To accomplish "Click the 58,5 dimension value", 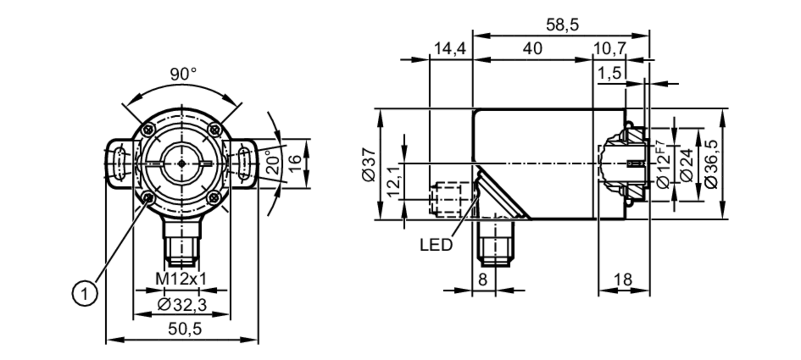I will click(x=562, y=25).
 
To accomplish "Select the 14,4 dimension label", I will click(x=450, y=49).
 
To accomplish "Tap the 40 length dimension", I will click(x=532, y=49).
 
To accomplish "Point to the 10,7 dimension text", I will click(x=609, y=49).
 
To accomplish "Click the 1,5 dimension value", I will click(x=609, y=74).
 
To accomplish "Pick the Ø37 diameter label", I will click(x=369, y=164).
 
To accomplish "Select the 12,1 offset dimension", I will click(x=394, y=182).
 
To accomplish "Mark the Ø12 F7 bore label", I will click(x=663, y=164).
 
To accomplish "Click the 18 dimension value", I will click(x=623, y=279).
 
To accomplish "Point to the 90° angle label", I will click(x=183, y=74).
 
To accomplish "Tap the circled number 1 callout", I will click(x=85, y=294).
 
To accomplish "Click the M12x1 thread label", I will click(x=181, y=279).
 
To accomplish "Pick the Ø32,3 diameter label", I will click(x=182, y=305).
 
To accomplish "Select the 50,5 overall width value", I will click(x=185, y=329).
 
